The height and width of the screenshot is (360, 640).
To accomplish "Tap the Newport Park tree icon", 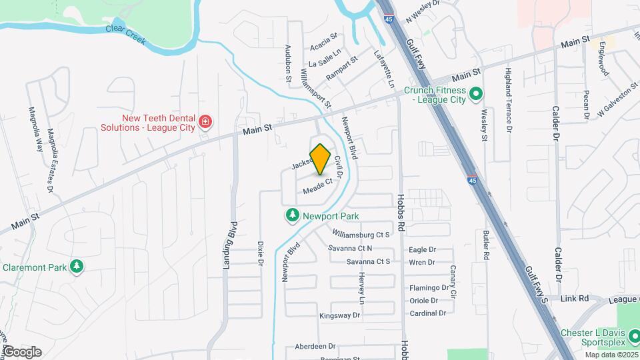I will [x=291, y=215].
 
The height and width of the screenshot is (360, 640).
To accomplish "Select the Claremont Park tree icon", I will [x=77, y=267].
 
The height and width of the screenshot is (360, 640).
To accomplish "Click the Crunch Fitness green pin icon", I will [x=475, y=94].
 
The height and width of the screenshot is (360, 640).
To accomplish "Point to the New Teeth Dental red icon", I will [x=205, y=121].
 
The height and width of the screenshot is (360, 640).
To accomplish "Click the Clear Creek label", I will [x=125, y=35].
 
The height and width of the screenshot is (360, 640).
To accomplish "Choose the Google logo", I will [x=21, y=351].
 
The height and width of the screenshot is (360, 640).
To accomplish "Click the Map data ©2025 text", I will [x=611, y=354].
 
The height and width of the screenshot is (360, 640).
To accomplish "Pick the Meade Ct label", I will [x=317, y=187].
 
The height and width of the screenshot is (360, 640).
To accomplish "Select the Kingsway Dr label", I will [x=339, y=315].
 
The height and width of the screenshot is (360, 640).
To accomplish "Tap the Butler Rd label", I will [x=486, y=245].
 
